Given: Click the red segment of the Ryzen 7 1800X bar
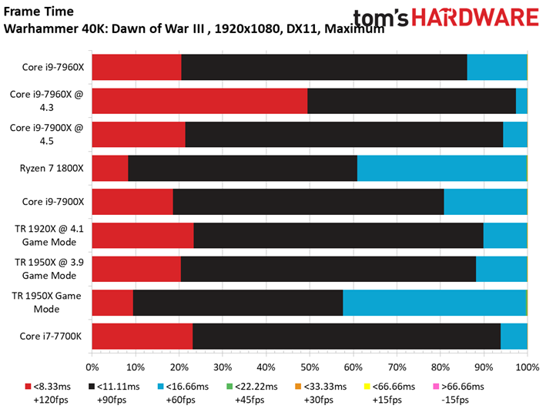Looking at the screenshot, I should click(x=110, y=168).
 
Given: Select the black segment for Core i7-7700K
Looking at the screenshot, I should click(x=347, y=337).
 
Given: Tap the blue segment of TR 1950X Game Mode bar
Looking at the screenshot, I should click(x=434, y=303).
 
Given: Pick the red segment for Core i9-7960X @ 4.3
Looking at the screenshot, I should click(x=199, y=101).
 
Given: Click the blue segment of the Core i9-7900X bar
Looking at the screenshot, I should click(x=485, y=202).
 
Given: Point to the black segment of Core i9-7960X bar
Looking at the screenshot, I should click(x=324, y=67).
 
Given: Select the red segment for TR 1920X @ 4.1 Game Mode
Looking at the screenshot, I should click(x=142, y=236).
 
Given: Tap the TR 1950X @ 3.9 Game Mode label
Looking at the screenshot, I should click(x=49, y=270).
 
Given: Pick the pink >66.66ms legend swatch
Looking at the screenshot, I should click(x=434, y=387).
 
